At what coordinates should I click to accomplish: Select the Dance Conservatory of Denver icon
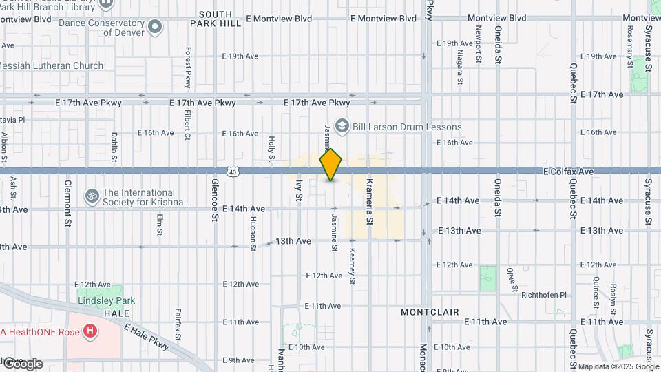[x=155, y=28]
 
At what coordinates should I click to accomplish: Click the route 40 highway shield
[x=234, y=172]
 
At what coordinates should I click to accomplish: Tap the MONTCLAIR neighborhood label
[x=430, y=312]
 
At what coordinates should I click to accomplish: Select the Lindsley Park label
[x=106, y=300]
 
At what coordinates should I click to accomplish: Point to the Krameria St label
[x=370, y=201]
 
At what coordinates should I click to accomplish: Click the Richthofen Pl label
[x=543, y=295]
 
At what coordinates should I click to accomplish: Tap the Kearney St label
[x=352, y=266]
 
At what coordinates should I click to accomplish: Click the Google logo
[x=23, y=364]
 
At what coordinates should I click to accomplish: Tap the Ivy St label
[x=299, y=190]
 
